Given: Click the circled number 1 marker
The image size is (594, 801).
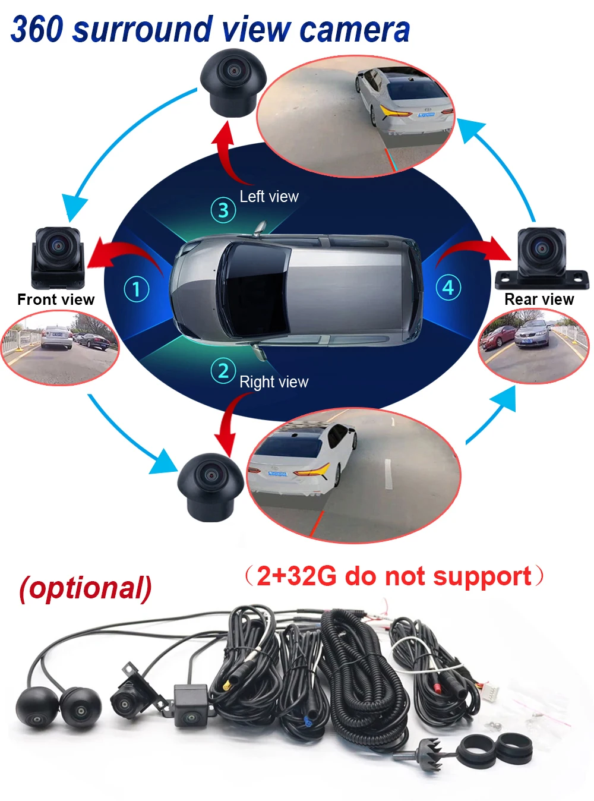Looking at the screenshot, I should (136, 289).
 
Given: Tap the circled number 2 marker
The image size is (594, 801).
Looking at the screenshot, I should (223, 371).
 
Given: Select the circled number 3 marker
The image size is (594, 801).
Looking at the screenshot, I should (223, 210).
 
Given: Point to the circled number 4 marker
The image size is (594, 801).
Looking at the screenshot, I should (448, 288).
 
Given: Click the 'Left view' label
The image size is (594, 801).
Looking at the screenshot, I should (268, 197).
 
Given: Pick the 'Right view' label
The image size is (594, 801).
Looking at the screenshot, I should (274, 381).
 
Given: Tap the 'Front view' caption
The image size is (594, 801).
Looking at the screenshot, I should (56, 299).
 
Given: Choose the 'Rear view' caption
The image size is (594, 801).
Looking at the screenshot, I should (539, 299).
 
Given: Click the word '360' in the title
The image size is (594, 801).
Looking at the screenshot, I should (37, 30).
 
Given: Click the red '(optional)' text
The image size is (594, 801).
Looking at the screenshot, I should (86, 588).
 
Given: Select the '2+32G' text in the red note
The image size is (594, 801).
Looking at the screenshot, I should (296, 576).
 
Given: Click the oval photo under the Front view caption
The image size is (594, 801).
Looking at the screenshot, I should (59, 348).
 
